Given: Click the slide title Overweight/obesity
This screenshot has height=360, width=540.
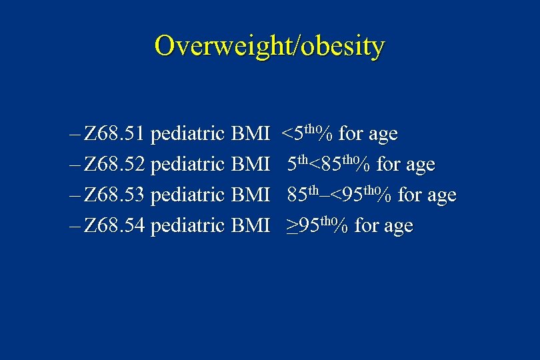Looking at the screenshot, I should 269,47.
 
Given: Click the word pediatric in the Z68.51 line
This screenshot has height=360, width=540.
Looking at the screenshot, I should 187,135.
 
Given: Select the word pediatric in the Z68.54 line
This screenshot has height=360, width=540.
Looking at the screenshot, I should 187,226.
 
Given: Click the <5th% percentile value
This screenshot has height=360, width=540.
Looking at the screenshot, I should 307,133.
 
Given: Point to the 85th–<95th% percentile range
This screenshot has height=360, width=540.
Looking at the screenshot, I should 340,194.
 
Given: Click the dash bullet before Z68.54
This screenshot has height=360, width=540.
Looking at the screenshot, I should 73,226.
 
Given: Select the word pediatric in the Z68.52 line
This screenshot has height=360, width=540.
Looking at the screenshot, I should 187,165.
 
